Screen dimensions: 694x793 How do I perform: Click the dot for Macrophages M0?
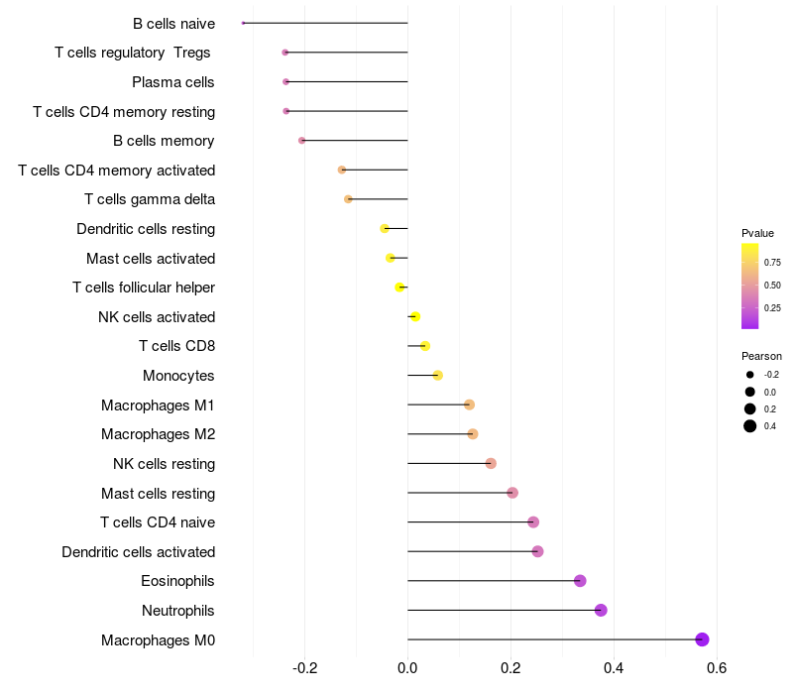(x=702, y=639)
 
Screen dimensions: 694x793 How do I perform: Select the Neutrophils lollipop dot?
(x=601, y=610)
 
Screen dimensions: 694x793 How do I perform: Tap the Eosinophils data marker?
(x=580, y=581)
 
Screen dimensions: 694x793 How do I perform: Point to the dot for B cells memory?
(x=302, y=141)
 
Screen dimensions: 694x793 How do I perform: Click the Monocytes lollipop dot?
(x=438, y=375)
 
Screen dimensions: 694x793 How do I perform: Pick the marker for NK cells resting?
(x=491, y=463)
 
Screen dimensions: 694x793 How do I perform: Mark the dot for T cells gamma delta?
(x=348, y=199)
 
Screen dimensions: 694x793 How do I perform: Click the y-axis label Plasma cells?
(x=173, y=82)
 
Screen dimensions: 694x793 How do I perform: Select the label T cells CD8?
(x=176, y=346)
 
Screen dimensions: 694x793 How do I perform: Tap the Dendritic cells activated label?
(x=138, y=551)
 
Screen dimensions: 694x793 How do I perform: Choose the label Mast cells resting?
(x=158, y=493)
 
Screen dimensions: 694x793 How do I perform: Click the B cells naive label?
(x=173, y=23)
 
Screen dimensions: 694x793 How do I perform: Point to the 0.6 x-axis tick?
(x=717, y=667)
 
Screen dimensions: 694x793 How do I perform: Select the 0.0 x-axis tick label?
(x=407, y=667)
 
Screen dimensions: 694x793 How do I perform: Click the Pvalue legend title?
(x=757, y=233)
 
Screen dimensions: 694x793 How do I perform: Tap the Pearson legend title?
(x=761, y=356)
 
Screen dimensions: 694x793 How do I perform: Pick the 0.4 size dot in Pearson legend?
(x=750, y=426)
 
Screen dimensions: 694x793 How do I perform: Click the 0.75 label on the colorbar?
(x=772, y=263)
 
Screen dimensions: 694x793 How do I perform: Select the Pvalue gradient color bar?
(x=750, y=286)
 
